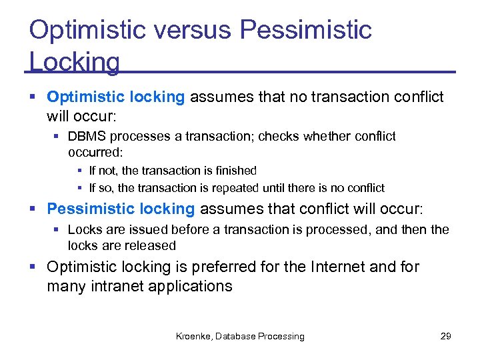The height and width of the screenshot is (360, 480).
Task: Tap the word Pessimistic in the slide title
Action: click(305, 30)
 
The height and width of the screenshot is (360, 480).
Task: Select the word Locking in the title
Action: click(75, 62)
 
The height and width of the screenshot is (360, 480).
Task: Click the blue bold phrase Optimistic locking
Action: click(115, 97)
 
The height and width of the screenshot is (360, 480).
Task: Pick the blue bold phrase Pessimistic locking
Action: click(121, 209)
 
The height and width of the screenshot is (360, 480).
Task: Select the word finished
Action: click(235, 171)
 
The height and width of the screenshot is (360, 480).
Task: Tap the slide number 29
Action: click(446, 336)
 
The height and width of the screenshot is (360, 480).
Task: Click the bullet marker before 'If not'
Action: click(81, 171)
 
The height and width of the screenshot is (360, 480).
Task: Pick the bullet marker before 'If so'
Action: click(81, 188)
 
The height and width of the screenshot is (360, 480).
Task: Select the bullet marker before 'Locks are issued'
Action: click(59, 229)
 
